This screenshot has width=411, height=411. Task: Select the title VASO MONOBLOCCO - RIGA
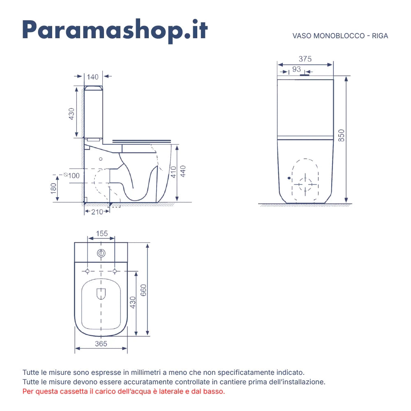coord(340,36)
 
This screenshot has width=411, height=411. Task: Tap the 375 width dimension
coord(305,59)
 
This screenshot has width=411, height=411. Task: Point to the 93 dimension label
coord(296,69)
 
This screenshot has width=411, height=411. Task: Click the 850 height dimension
coord(341,136)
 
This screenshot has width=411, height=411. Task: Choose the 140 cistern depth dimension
coord(92,77)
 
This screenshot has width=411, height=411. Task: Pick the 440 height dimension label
coord(183,171)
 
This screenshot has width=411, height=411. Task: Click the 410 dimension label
coord(173,172)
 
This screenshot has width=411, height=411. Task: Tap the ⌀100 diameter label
coord(72,175)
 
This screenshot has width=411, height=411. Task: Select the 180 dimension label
coord(53,189)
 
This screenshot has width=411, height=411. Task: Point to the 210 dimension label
coord(97,212)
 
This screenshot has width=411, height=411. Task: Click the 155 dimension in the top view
coord(102,233)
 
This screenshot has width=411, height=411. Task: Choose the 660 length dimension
coord(143,290)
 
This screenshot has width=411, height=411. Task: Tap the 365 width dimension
coord(101,344)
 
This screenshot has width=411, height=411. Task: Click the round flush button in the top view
coord(101,253)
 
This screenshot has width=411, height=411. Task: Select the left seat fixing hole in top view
coord(88,271)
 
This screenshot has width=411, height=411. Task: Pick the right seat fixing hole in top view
coord(115,271)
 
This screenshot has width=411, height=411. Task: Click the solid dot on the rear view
coord(289,178)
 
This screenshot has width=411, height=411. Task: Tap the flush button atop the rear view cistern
coord(305,75)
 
